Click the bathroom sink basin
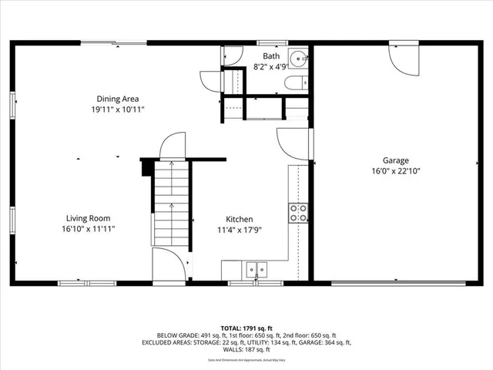click(x=298, y=58)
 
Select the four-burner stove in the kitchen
click(x=297, y=213)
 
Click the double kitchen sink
click(x=256, y=270)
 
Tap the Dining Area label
click(x=117, y=99)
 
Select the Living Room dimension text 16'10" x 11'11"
click(x=89, y=229)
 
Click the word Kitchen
click(x=239, y=219)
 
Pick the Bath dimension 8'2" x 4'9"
click(x=271, y=67)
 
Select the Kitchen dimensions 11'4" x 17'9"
click(x=239, y=229)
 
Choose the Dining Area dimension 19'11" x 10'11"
click(x=117, y=109)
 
